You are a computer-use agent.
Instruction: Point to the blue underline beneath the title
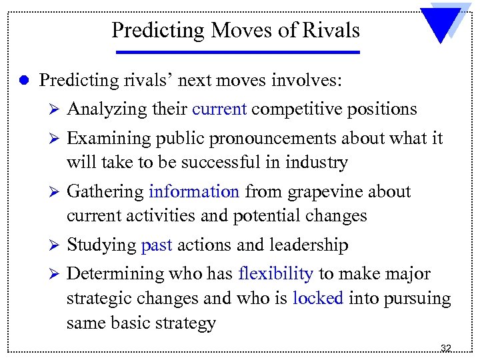pos(236,52)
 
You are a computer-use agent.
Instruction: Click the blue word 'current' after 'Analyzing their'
pos(219,109)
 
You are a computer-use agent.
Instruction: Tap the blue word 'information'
pos(194,192)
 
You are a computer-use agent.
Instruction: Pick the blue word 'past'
pos(157,245)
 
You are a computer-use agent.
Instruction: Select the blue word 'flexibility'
pos(275,274)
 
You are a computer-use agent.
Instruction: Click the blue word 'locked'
pos(317,299)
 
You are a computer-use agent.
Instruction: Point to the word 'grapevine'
pos(327,192)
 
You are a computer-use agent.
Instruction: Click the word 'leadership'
pos(308,245)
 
